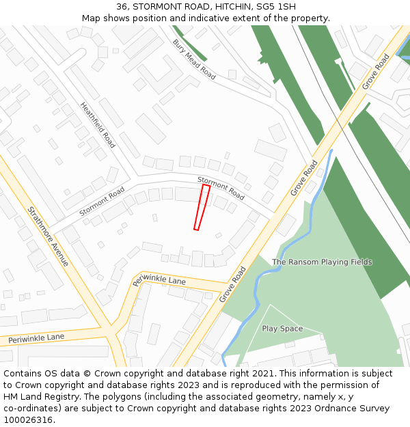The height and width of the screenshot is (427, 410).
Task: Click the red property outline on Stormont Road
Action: (202, 207)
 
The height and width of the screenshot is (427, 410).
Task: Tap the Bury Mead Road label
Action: (194, 59)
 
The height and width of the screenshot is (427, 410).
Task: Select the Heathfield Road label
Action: (98, 125)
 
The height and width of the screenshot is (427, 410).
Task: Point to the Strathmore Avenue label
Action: (49, 236)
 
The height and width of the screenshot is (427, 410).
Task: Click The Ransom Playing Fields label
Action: (322, 262)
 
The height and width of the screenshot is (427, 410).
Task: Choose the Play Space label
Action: (282, 329)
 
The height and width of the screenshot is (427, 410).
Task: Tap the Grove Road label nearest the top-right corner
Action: (376, 71)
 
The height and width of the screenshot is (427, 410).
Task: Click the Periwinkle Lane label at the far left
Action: (36, 338)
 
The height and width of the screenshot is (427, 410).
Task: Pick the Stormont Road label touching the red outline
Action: (221, 189)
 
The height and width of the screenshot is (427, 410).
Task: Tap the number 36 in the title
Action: (122, 7)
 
